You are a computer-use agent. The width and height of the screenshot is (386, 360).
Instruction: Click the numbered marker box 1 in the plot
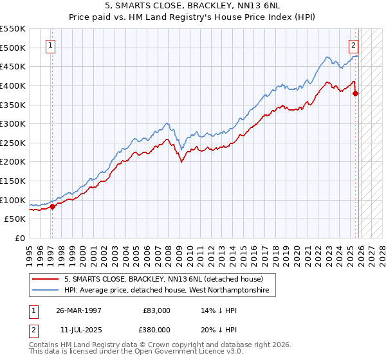[51, 45]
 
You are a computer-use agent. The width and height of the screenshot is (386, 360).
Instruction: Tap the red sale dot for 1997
[53, 206]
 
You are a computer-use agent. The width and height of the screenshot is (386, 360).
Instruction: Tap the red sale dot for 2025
[356, 93]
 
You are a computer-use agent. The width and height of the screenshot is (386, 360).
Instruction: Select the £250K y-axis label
[13, 143]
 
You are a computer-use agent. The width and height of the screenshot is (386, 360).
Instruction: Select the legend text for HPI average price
[169, 291]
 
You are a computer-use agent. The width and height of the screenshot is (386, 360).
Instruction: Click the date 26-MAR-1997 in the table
[78, 310]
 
